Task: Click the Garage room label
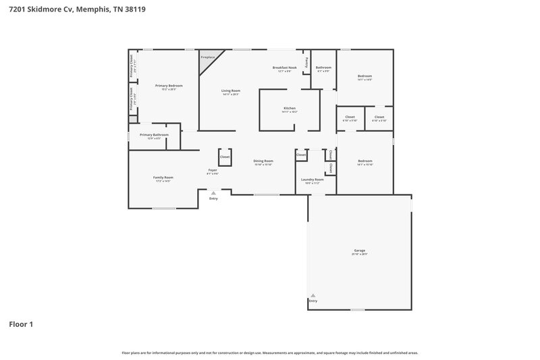[359, 250]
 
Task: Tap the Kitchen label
[289, 108]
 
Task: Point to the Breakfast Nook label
[284, 68]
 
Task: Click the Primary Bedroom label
[169, 86]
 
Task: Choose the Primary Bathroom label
[154, 134]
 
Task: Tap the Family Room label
[163, 177]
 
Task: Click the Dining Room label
[263, 161]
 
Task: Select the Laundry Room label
[313, 179]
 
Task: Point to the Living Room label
[231, 91]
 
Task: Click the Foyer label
[212, 170]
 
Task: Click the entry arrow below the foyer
[213, 192]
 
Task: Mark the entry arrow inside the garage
[313, 296]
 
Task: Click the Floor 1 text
[21, 324]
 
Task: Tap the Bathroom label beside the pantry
[323, 67]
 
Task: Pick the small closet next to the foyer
[225, 157]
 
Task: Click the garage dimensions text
[359, 254]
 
